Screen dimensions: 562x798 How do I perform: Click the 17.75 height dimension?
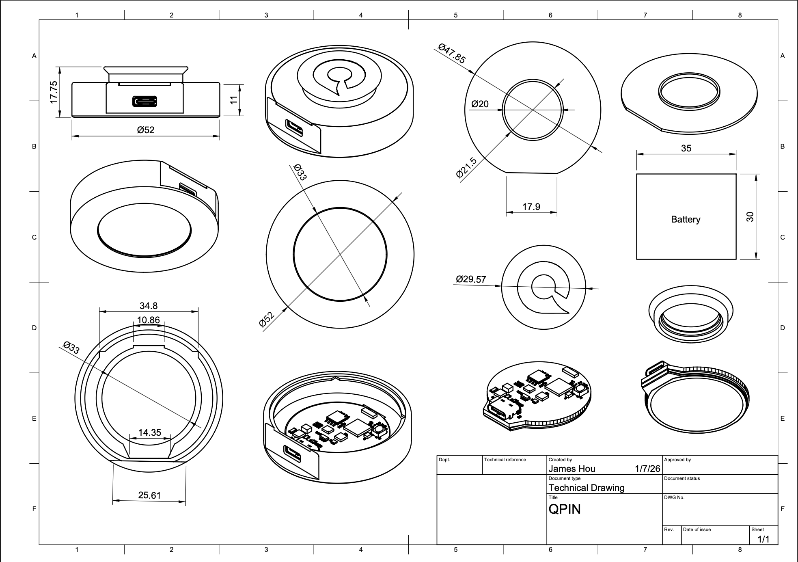pyautogui.click(x=54, y=92)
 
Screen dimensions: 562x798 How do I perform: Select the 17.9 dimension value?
pyautogui.click(x=531, y=207)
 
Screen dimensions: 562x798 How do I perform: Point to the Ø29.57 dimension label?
pyautogui.click(x=470, y=279)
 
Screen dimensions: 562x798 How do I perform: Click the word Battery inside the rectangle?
pyautogui.click(x=686, y=219)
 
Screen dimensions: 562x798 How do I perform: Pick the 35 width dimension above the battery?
pyautogui.click(x=686, y=148)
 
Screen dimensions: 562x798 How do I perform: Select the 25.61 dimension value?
pyautogui.click(x=149, y=495)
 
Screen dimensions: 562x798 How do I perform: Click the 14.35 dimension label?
pyautogui.click(x=149, y=432)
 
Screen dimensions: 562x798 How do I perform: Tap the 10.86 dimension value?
pyautogui.click(x=149, y=320)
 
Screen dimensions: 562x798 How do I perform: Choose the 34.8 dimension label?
pyautogui.click(x=149, y=306)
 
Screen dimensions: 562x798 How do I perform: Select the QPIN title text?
pyautogui.click(x=564, y=509)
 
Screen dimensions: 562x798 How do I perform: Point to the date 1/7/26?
pyautogui.click(x=647, y=469)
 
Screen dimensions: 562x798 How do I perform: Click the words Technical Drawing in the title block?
pyautogui.click(x=586, y=488)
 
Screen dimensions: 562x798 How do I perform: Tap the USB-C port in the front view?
pyautogui.click(x=145, y=102)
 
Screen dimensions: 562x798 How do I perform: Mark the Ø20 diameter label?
pyautogui.click(x=480, y=104)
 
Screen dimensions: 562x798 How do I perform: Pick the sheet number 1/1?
pyautogui.click(x=763, y=539)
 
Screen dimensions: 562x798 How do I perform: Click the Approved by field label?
pyautogui.click(x=677, y=460)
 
